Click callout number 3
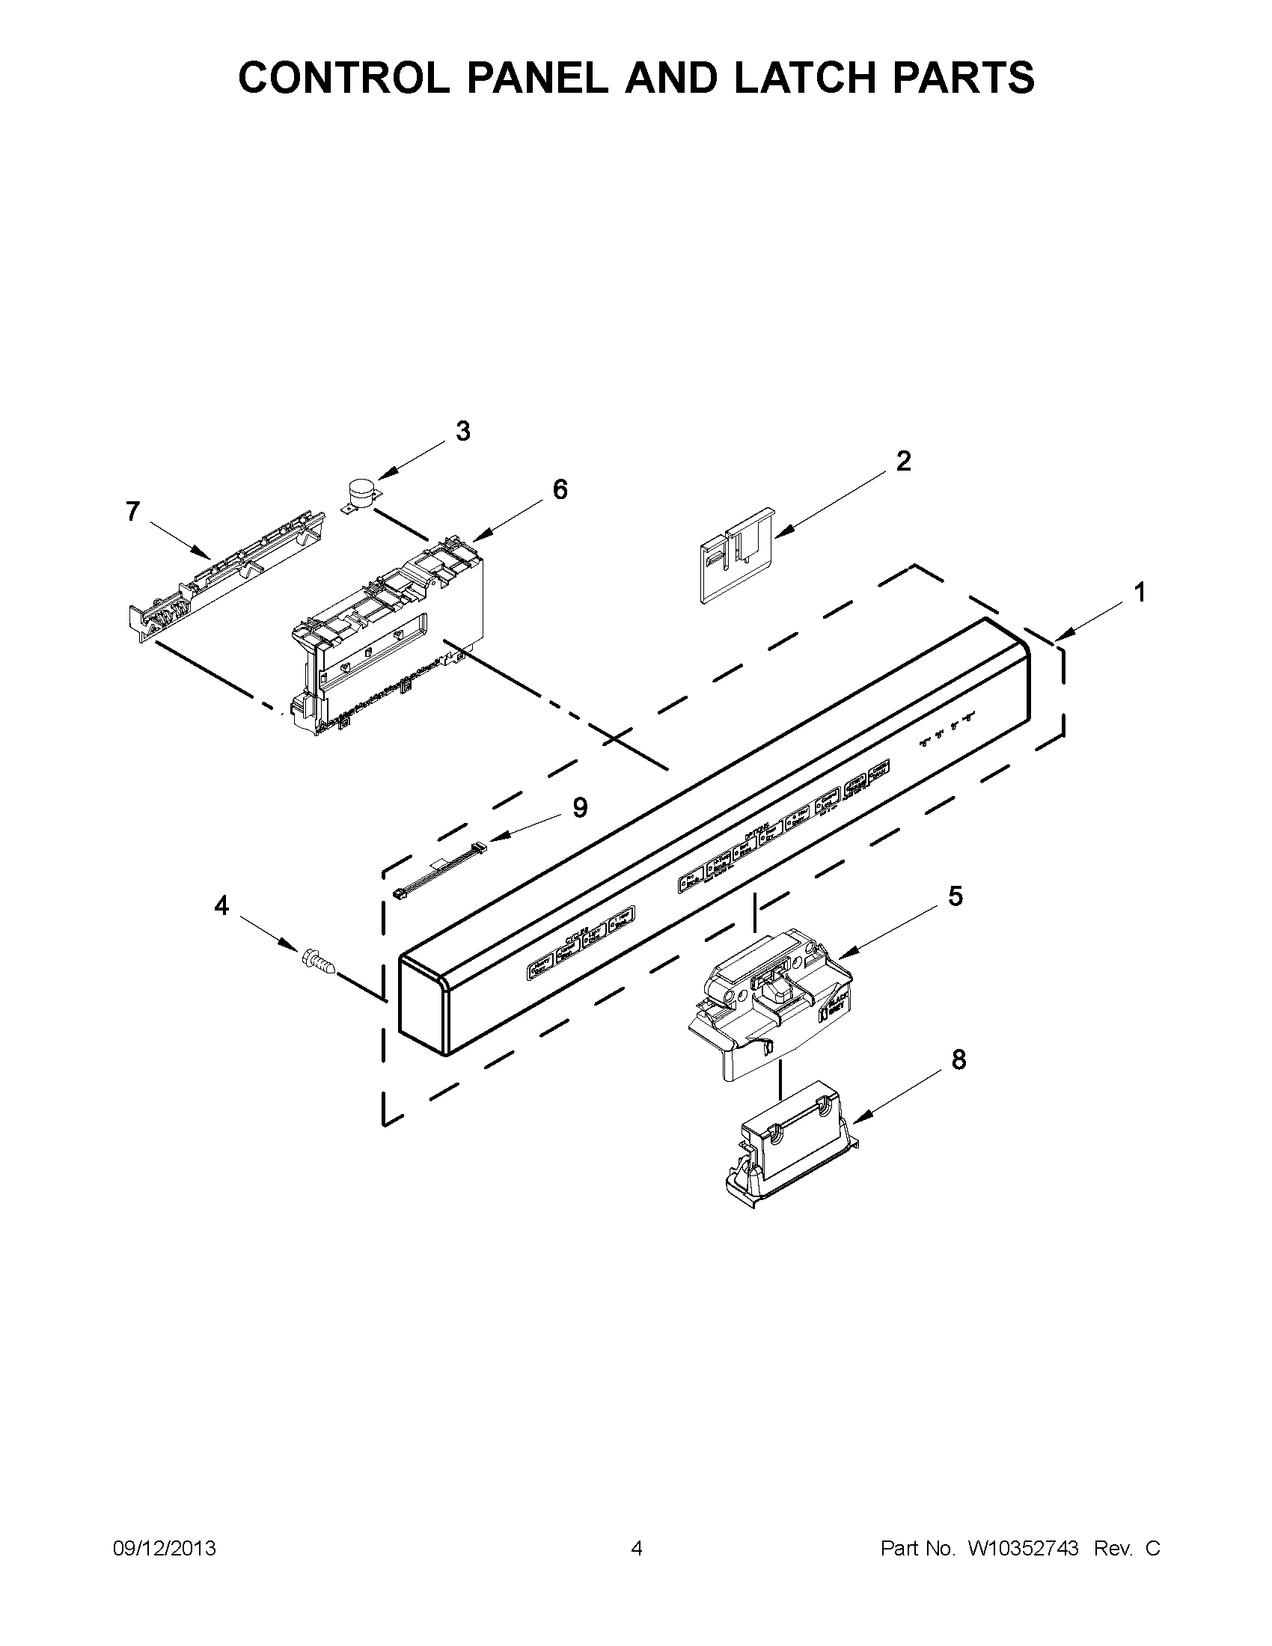pos(462,432)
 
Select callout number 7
pos(132,512)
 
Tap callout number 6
pos(560,490)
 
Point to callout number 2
pos(903,460)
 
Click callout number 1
pos(1140,593)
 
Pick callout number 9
pos(578,808)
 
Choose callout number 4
pos(221,906)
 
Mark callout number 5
pos(955,896)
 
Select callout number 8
pos(958,1060)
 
